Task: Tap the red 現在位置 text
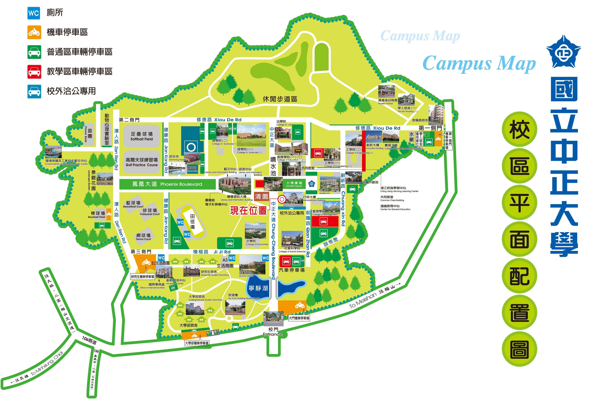click(248, 211)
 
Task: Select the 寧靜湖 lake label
click(258, 288)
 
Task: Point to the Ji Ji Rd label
click(222, 252)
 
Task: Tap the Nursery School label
click(386, 104)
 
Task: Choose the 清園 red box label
click(261, 196)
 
